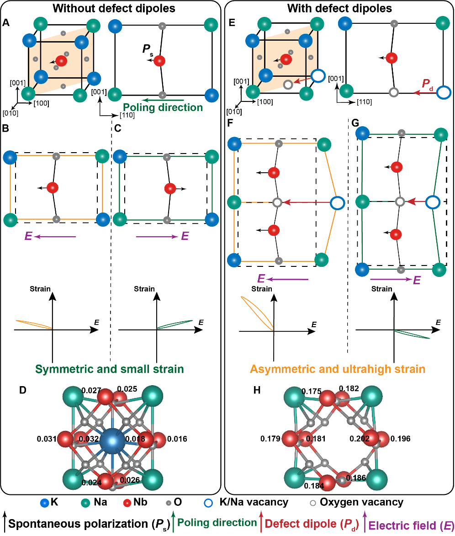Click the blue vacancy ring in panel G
point(432,202)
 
